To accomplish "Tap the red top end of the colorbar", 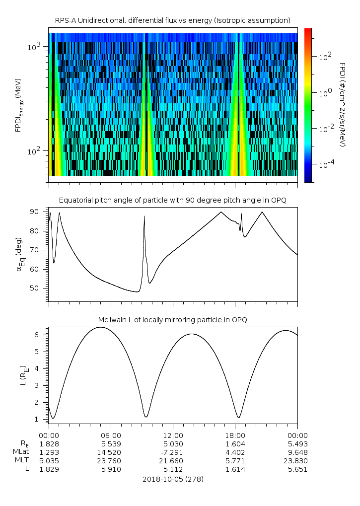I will coord(308,30).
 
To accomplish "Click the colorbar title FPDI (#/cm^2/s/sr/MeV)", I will coord(343,104).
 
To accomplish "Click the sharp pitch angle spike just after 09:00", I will coord(144,217).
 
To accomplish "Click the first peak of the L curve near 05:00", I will coord(101,327).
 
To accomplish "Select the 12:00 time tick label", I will coord(173,434).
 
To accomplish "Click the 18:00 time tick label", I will coord(235,434).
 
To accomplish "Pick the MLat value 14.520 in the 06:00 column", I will coord(111,452).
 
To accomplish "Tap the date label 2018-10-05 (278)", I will coord(173,479).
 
